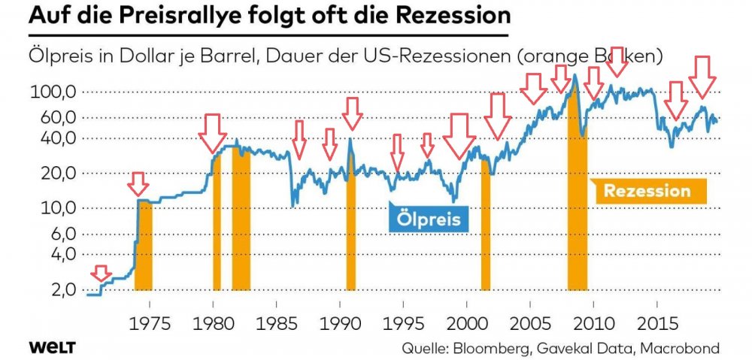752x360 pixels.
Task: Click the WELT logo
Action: pyautogui.click(x=53, y=348)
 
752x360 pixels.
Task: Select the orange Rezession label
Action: pyautogui.click(x=647, y=191)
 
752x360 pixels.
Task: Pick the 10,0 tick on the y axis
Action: pyautogui.click(x=59, y=208)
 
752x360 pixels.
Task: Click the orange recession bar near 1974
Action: pyautogui.click(x=143, y=244)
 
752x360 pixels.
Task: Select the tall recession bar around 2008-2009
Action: pyautogui.click(x=578, y=188)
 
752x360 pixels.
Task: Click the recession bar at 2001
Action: pyautogui.click(x=486, y=225)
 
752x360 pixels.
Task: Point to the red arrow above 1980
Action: pyautogui.click(x=212, y=133)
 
